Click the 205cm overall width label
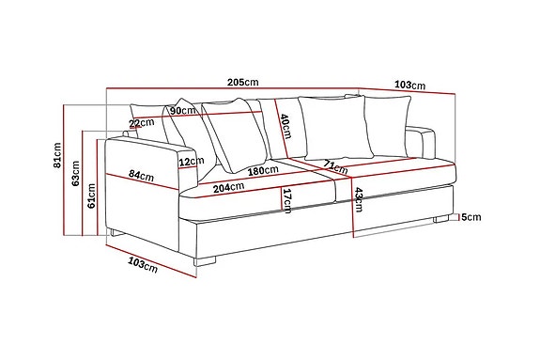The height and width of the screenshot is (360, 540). [243, 83]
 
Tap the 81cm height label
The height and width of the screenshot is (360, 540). [57, 155]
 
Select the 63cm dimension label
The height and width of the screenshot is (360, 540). [76, 173]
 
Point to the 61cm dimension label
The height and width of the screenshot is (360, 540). [92, 196]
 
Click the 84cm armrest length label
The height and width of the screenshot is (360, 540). [141, 176]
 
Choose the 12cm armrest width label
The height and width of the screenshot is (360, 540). [192, 162]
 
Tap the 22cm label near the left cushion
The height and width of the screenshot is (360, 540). [142, 122]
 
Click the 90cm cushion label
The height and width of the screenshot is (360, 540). [183, 111]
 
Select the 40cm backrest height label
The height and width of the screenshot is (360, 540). [285, 126]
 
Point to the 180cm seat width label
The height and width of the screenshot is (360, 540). [263, 170]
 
